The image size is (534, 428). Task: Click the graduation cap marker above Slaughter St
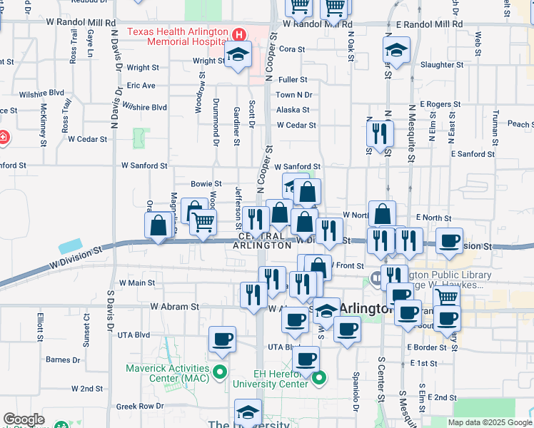(x=396, y=50)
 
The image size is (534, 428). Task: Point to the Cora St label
(x=292, y=49)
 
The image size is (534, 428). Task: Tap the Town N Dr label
(x=294, y=95)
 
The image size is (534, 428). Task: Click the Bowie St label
(x=206, y=184)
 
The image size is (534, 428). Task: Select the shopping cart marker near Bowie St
(x=203, y=223)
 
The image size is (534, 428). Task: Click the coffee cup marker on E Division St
(x=449, y=241)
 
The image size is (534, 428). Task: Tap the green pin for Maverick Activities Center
(x=221, y=372)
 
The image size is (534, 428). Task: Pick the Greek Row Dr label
(x=141, y=407)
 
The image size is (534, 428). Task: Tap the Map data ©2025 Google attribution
(x=489, y=422)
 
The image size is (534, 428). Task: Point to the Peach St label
(x=519, y=124)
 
